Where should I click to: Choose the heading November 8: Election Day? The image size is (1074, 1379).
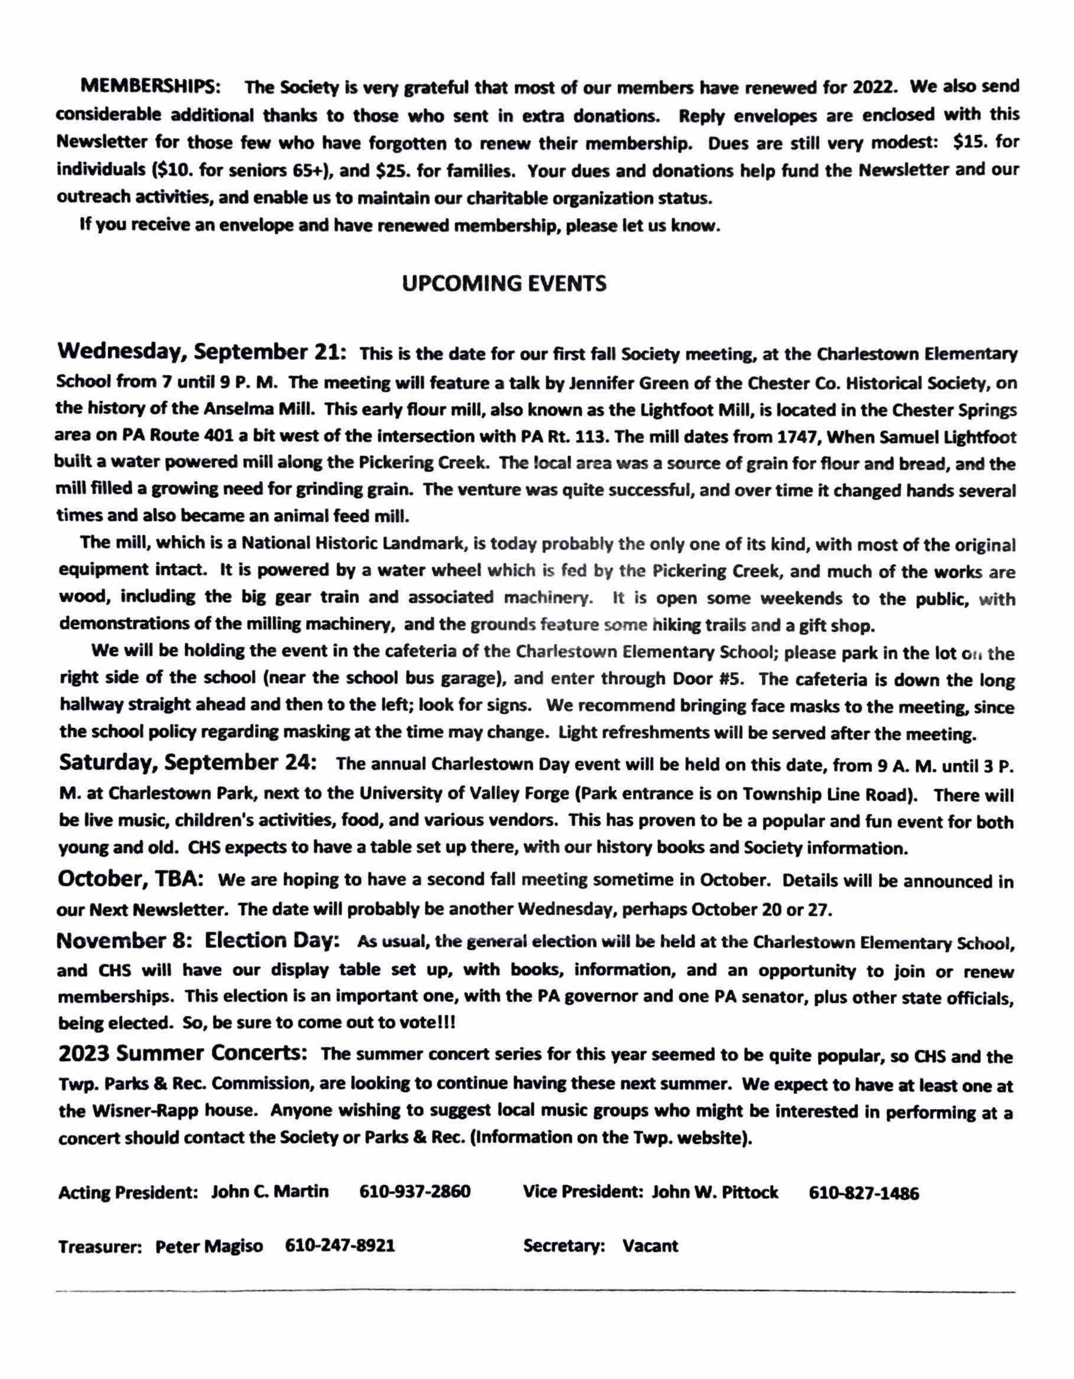click(x=198, y=941)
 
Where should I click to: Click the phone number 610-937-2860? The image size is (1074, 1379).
click(x=415, y=1192)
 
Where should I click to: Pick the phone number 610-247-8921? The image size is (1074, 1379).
click(x=340, y=1246)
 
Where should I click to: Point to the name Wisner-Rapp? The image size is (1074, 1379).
click(x=143, y=1111)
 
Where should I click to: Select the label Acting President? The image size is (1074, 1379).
click(x=128, y=1192)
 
